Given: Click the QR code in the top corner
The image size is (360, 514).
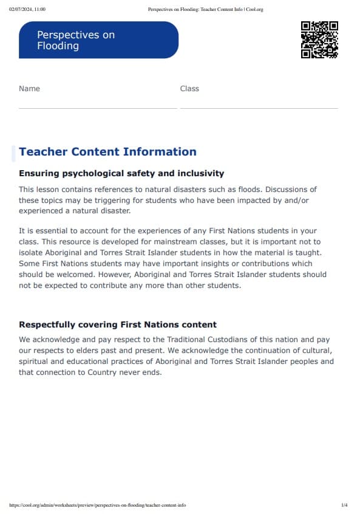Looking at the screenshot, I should pos(319,39).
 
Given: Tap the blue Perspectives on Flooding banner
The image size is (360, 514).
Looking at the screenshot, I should pos(98,40).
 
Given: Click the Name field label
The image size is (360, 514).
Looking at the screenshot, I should pos(29,89).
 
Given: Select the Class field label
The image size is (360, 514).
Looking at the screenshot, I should pos(189,89).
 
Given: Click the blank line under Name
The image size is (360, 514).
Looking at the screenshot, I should pos(98,108).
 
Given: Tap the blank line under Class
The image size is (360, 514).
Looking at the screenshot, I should pos(259,108).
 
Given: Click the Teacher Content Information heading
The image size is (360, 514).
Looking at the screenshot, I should pos(107,152).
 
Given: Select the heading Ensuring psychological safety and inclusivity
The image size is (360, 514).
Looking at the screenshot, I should pos(121,174).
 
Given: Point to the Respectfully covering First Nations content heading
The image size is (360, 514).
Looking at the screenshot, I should pos(118,324).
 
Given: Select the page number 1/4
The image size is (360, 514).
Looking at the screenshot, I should pos(344,505).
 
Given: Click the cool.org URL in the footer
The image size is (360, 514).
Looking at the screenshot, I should pos(98,505).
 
